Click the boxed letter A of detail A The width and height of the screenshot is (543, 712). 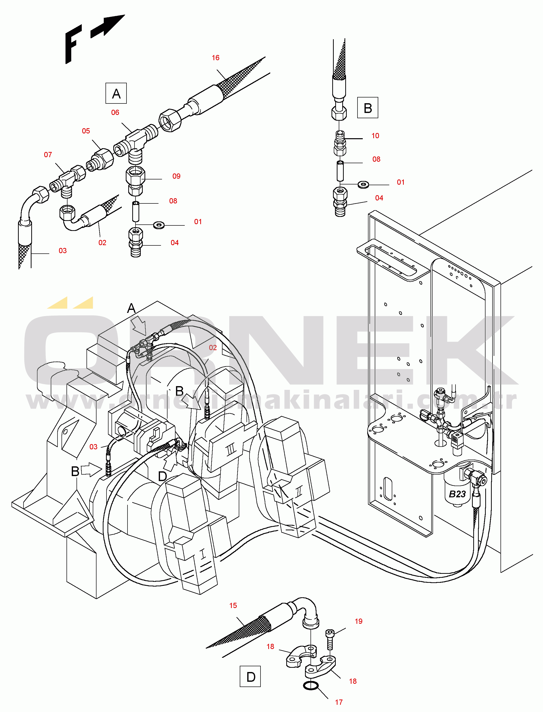point(116,94)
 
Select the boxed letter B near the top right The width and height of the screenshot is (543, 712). point(367,108)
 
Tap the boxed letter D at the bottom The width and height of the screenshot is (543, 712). point(250,677)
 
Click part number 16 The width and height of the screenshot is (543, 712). point(215,58)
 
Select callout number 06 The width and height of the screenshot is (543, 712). point(115,112)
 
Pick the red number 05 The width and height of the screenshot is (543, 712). point(86,131)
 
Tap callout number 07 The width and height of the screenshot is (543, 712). point(48,155)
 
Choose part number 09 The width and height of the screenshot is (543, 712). point(176,176)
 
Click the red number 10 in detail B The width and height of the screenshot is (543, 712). point(375,136)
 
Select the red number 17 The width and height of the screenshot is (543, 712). point(339,702)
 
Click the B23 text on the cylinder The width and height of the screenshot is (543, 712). point(457,494)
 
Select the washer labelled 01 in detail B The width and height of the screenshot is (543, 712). point(363,185)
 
